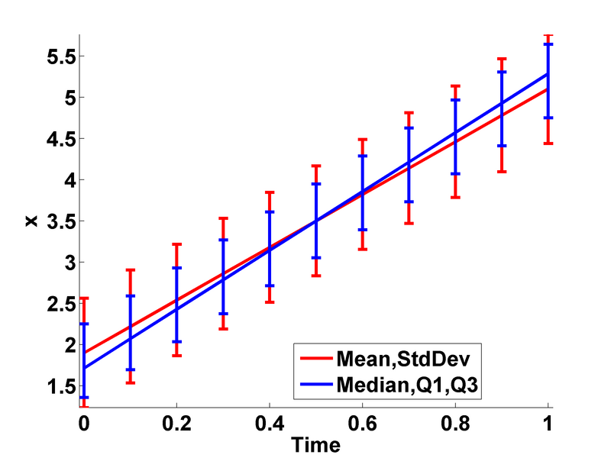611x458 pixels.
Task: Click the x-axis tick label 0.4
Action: [x=269, y=421]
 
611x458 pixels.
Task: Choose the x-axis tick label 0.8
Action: [x=455, y=421]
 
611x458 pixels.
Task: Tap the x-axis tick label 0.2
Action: [x=176, y=421]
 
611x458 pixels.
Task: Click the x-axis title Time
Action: [x=315, y=442]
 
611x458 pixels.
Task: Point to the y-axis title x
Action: [x=31, y=221]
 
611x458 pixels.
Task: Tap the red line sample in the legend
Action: [x=315, y=357]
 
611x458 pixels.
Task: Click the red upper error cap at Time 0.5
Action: [x=315, y=166]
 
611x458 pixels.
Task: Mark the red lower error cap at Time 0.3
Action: [x=223, y=329]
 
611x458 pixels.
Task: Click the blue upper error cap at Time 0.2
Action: [x=176, y=268]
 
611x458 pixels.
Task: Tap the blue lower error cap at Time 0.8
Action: [x=455, y=174]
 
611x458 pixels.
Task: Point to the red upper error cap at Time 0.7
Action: [x=409, y=112]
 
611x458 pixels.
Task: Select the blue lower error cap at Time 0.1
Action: [x=130, y=369]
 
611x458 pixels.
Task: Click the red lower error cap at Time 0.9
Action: [x=502, y=172]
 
